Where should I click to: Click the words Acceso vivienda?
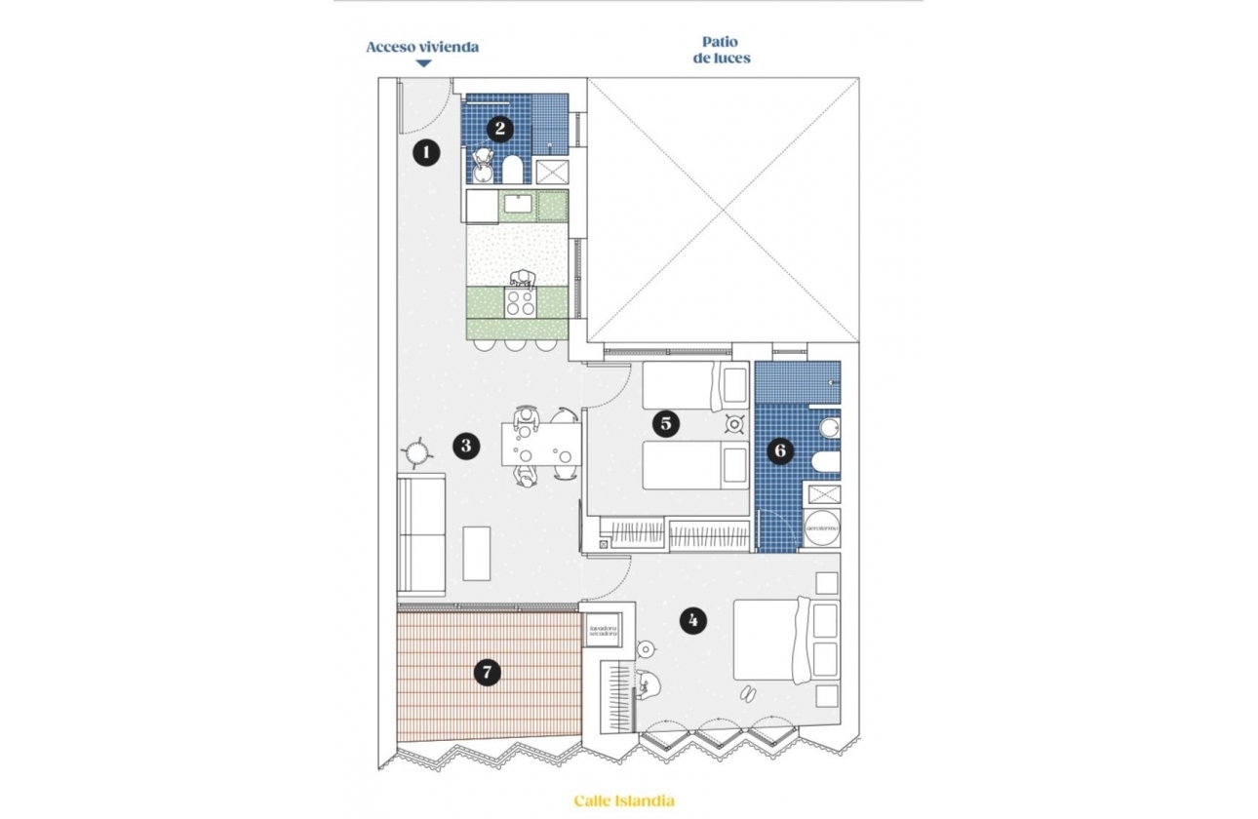click(x=422, y=47)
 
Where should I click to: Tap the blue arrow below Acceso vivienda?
click(x=423, y=64)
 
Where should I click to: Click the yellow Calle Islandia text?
click(x=623, y=801)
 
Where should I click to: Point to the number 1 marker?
click(x=425, y=152)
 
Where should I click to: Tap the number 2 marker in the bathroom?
click(x=500, y=127)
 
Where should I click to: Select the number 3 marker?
click(x=466, y=446)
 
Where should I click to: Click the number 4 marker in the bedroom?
click(x=692, y=620)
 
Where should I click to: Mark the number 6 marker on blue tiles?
click(x=779, y=450)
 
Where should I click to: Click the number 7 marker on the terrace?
click(x=487, y=672)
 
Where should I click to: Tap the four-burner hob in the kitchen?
click(x=520, y=302)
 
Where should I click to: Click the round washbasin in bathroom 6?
click(x=829, y=428)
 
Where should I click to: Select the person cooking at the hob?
click(x=524, y=279)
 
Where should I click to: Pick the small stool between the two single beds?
click(x=733, y=424)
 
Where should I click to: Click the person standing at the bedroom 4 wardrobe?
click(x=648, y=685)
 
